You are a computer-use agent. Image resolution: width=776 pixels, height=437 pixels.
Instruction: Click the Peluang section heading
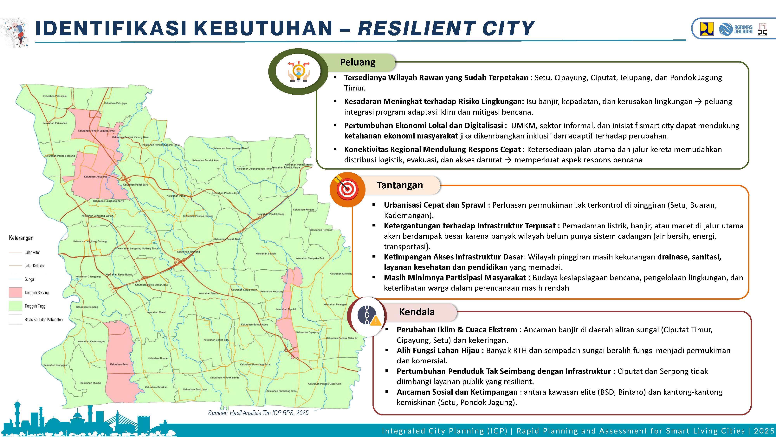(357, 62)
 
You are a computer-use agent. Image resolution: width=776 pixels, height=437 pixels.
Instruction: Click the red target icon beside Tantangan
(347, 189)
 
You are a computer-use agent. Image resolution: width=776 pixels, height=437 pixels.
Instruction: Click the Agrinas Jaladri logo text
(743, 29)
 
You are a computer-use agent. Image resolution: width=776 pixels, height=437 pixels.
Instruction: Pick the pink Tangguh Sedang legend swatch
(15, 292)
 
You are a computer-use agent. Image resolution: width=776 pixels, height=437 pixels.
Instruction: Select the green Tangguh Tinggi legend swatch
(15, 306)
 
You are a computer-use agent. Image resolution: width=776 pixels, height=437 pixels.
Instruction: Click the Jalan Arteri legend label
(33, 252)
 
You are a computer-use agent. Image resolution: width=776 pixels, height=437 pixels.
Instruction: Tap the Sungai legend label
(29, 279)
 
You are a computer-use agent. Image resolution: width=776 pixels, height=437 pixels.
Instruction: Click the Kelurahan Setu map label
(119, 364)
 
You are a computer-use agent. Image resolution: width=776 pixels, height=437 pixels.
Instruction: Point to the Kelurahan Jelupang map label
(95, 177)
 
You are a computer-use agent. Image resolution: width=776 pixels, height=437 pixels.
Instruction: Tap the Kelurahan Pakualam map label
(55, 96)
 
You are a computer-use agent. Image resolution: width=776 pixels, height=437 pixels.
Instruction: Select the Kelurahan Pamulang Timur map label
(282, 391)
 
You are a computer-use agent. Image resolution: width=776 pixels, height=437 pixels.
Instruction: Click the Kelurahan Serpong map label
(87, 307)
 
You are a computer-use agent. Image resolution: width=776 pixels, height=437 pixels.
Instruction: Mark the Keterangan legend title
(21, 238)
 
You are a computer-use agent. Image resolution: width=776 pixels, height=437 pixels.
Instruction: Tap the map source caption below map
(258, 413)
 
